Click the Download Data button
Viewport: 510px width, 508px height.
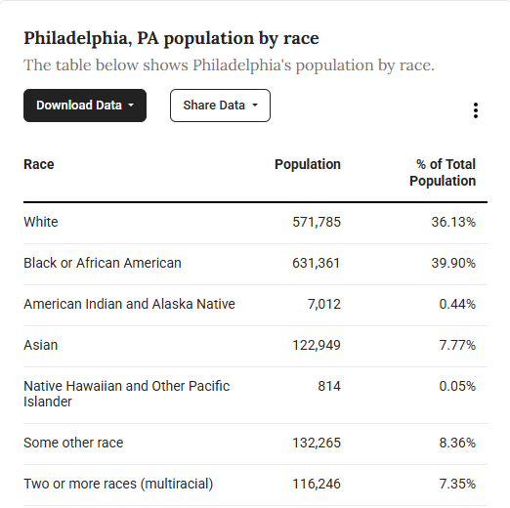[x=85, y=106]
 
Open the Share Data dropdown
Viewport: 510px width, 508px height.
[x=220, y=106]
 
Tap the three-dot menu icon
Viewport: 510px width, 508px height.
[x=476, y=110]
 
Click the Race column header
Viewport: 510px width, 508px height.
[x=39, y=164]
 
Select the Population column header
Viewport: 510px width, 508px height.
[x=308, y=164]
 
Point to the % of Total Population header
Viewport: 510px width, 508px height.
[x=443, y=173]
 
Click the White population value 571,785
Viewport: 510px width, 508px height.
[x=317, y=222]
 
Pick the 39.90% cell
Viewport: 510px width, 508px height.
[x=453, y=263]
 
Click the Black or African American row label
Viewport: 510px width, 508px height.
[x=103, y=263]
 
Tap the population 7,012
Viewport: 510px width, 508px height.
[x=324, y=304]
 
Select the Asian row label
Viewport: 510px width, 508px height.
[x=41, y=345]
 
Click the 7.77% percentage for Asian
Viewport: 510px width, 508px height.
[x=457, y=345]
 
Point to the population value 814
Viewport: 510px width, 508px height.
[x=329, y=386]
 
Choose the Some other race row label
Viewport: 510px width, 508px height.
[x=73, y=443]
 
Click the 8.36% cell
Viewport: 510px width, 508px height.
[x=457, y=443]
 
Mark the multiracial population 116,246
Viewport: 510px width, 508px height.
[x=317, y=484]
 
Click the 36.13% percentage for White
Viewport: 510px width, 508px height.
[x=453, y=222]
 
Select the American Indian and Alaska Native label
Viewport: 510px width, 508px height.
[x=129, y=304]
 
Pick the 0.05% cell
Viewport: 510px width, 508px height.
[x=457, y=386]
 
